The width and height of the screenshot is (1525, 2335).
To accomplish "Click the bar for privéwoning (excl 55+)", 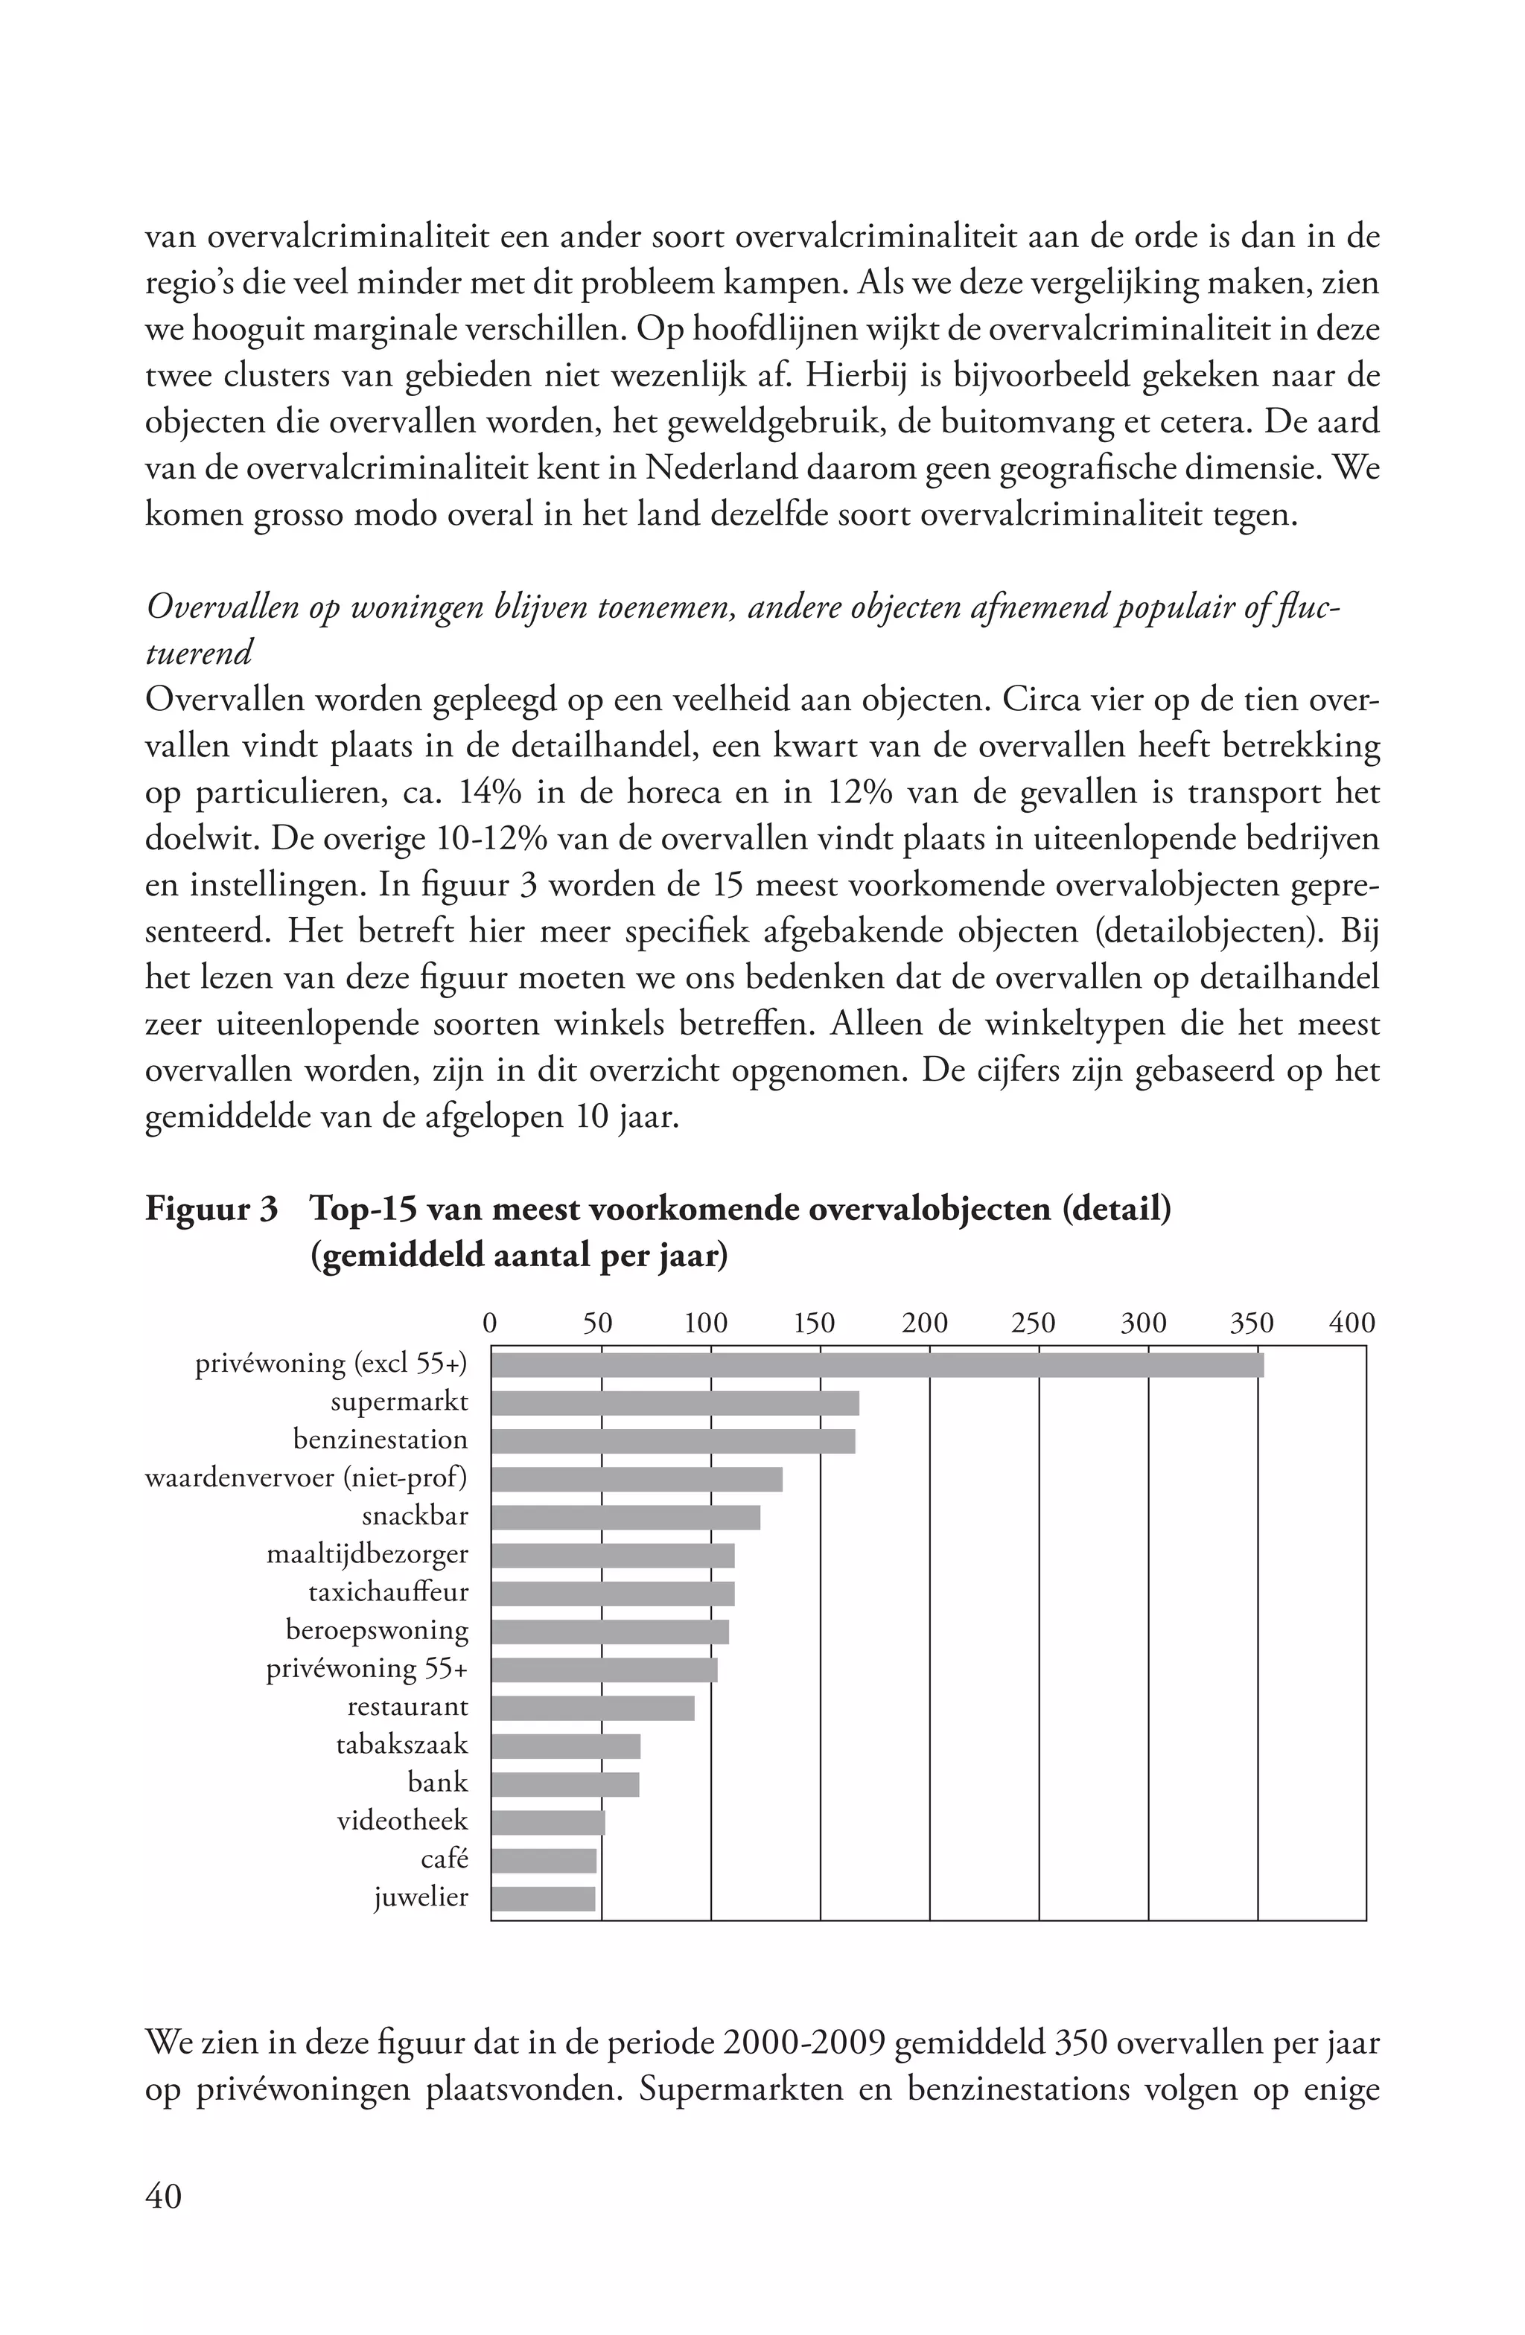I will [876, 1364].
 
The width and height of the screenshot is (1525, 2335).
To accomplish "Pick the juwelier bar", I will [543, 1898].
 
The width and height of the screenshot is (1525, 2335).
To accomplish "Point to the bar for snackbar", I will [625, 1517].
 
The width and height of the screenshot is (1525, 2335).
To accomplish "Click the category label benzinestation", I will [380, 1440].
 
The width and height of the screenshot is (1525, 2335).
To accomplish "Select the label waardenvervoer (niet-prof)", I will [306, 1478].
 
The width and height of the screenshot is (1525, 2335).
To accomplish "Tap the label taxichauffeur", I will [388, 1592].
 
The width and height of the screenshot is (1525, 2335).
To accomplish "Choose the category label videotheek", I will [402, 1821].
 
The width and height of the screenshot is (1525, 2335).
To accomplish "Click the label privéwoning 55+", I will [367, 1669].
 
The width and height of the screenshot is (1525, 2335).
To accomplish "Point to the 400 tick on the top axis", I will [1352, 1323].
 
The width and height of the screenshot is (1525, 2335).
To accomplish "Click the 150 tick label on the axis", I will [814, 1323].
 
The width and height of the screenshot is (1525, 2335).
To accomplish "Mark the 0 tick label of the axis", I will [491, 1323].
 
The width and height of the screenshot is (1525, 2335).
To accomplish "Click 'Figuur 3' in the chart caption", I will [211, 1210].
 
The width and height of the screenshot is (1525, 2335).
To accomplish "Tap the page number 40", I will [163, 2196].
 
